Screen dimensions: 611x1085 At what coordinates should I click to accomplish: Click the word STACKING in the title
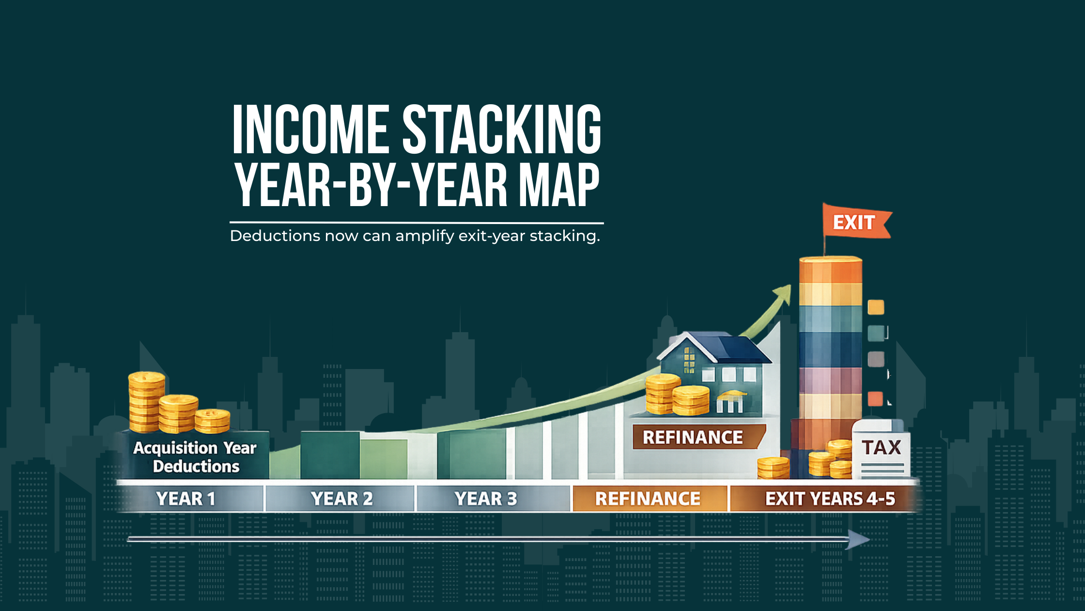[502, 129]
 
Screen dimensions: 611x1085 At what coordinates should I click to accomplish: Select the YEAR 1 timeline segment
[186, 498]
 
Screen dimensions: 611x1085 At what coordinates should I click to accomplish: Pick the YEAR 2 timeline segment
[341, 498]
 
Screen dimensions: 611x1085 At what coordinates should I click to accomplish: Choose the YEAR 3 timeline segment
[486, 498]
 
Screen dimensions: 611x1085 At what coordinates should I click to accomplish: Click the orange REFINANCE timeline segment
[648, 498]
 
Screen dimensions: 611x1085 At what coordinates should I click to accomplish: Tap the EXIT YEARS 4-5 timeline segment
[830, 498]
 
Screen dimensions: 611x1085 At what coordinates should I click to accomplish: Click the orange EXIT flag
[854, 223]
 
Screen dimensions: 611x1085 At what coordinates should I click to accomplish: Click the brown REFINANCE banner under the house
[693, 437]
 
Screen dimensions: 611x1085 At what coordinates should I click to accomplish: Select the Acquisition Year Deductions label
[195, 457]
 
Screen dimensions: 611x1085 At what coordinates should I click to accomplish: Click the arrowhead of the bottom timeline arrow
[858, 539]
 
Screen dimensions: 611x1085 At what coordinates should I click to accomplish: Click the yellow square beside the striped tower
[876, 307]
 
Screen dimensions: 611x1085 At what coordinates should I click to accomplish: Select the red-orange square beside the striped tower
[875, 399]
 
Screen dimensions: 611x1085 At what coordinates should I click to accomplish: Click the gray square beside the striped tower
[876, 359]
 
